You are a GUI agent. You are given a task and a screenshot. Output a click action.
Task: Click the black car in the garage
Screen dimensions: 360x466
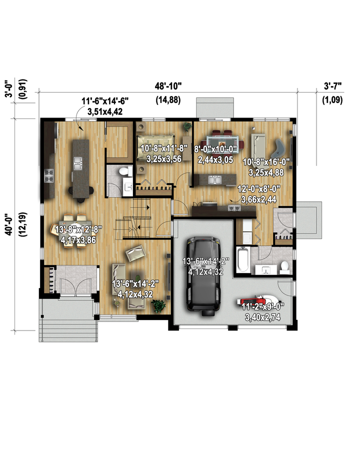pos(204,276)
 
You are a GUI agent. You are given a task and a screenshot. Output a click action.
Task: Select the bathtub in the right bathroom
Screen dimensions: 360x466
pos(243,259)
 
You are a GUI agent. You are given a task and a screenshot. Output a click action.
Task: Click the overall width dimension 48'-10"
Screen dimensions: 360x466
pos(168,86)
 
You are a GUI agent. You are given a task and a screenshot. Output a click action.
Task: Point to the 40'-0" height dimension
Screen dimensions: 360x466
pos(9,224)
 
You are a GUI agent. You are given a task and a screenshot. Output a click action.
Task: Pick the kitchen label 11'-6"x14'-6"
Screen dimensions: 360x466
pos(105,101)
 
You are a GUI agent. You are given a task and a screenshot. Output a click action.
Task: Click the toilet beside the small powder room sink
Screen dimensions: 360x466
pos(125,171)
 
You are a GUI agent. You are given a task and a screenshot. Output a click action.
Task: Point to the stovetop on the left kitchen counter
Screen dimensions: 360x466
pos(49,175)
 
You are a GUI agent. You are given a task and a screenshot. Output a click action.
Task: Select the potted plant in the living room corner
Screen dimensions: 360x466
pos(158,305)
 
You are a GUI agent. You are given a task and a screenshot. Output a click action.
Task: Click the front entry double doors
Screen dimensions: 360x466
pos(76,286)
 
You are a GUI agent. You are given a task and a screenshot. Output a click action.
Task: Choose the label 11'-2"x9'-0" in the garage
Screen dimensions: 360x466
pos(263,306)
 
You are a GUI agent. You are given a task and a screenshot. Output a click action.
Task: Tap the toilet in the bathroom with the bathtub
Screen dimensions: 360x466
pos(285,267)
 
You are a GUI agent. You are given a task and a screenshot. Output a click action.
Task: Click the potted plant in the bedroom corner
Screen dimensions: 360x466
pos(187,126)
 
